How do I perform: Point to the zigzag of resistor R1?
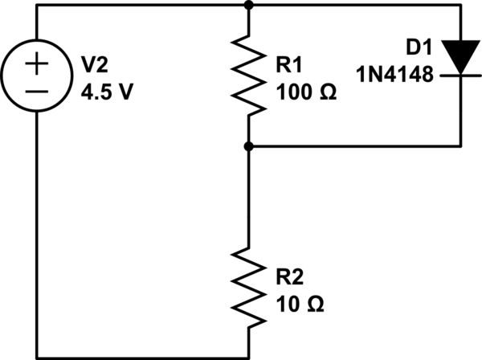click(x=249, y=76)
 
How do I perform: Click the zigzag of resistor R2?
click(x=249, y=285)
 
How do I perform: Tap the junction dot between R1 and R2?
click(x=249, y=146)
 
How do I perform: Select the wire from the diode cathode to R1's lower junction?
click(x=361, y=146)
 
